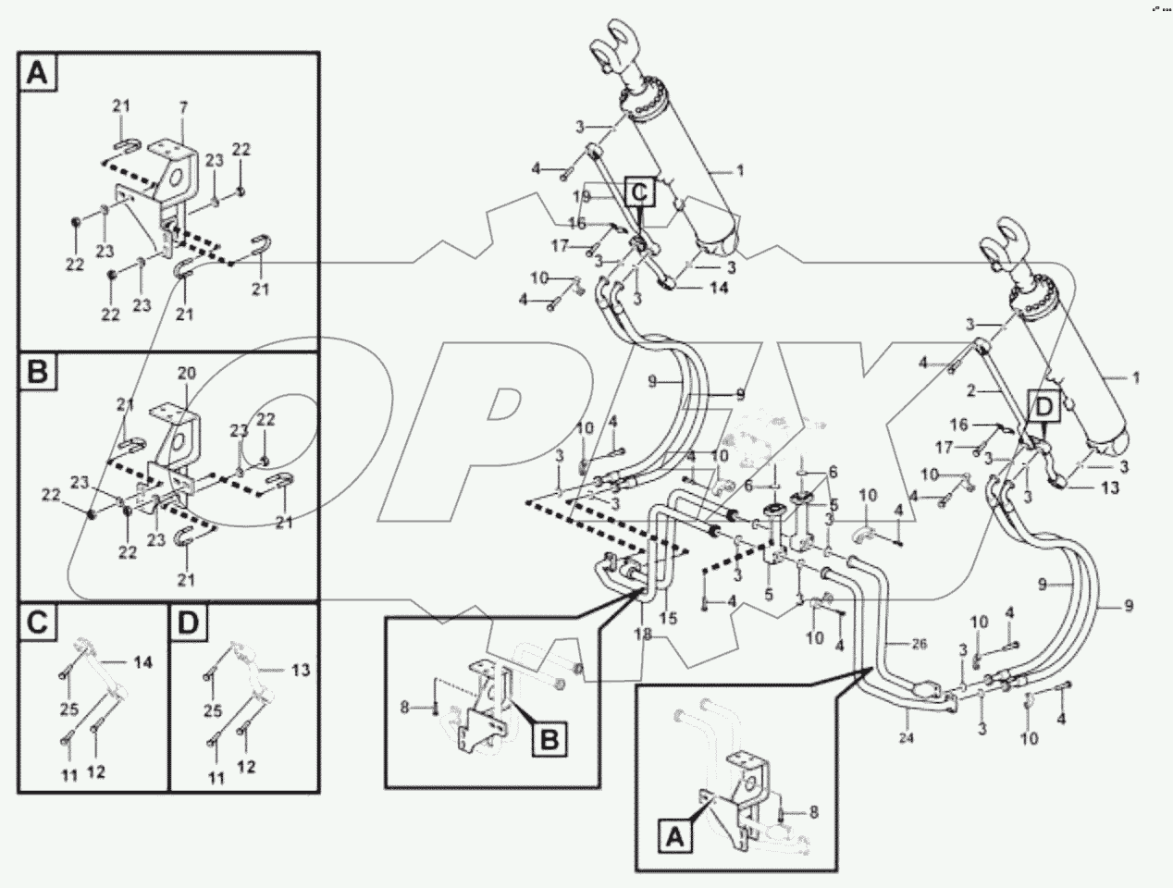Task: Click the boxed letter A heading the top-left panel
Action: pyautogui.click(x=37, y=72)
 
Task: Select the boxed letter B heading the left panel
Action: pyautogui.click(x=37, y=372)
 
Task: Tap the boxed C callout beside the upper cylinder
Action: pyautogui.click(x=641, y=192)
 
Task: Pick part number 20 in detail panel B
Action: pyautogui.click(x=187, y=374)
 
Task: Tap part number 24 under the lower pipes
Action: pyautogui.click(x=907, y=739)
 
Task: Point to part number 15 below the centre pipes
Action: pyautogui.click(x=668, y=617)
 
